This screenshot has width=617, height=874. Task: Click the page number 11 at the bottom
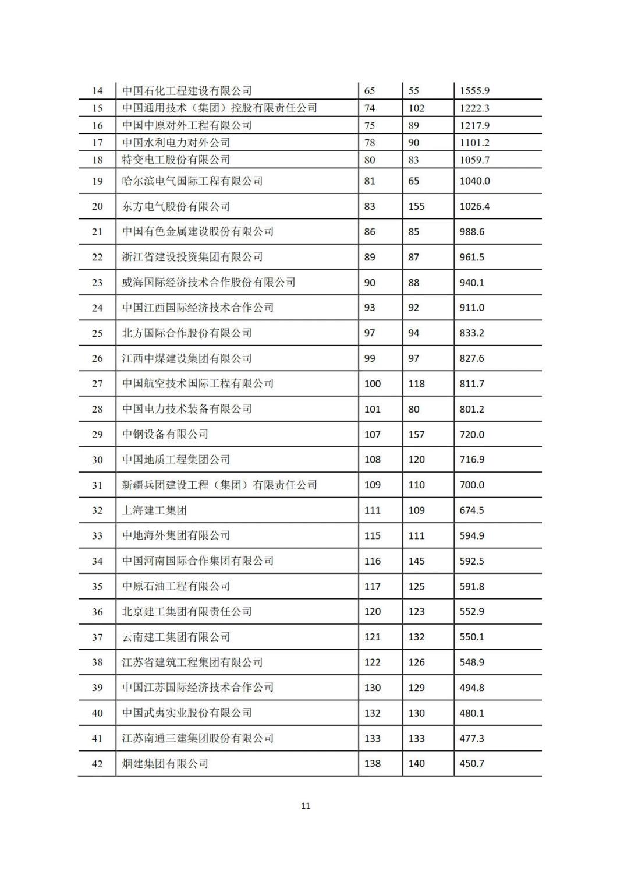[x=306, y=806]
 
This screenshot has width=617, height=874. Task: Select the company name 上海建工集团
[x=154, y=510]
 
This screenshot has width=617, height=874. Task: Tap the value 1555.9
[x=474, y=91]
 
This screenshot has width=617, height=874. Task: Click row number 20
[x=97, y=206]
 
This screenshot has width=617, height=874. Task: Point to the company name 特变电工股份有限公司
[x=176, y=160]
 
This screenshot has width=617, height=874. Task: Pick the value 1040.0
[x=474, y=181]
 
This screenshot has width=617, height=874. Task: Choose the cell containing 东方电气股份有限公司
[x=176, y=206]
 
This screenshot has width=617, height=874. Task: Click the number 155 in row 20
[x=416, y=206]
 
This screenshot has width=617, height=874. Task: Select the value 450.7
[x=471, y=763]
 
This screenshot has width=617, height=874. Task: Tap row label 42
[x=97, y=764]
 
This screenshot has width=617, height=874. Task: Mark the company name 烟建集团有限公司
[x=165, y=763]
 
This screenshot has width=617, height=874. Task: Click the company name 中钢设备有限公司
[x=165, y=434]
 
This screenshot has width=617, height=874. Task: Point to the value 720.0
[x=471, y=435]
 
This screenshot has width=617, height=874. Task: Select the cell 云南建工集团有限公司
[x=176, y=637]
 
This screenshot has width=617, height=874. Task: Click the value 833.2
[x=471, y=333]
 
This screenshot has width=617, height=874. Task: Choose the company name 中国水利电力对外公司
[x=176, y=143]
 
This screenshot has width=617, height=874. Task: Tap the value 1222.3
[x=474, y=108]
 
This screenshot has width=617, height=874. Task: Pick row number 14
[x=97, y=91]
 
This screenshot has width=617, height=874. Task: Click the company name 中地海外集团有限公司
[x=176, y=535]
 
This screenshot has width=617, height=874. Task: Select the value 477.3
[x=471, y=738]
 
